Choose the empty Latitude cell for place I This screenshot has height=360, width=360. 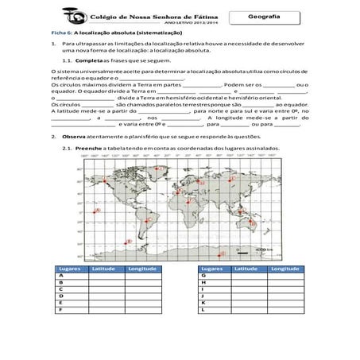(x=244, y=290)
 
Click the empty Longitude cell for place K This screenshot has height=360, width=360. (x=281, y=304)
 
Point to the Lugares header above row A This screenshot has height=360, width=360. (x=70, y=269)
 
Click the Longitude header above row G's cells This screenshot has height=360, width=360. (x=281, y=269)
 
